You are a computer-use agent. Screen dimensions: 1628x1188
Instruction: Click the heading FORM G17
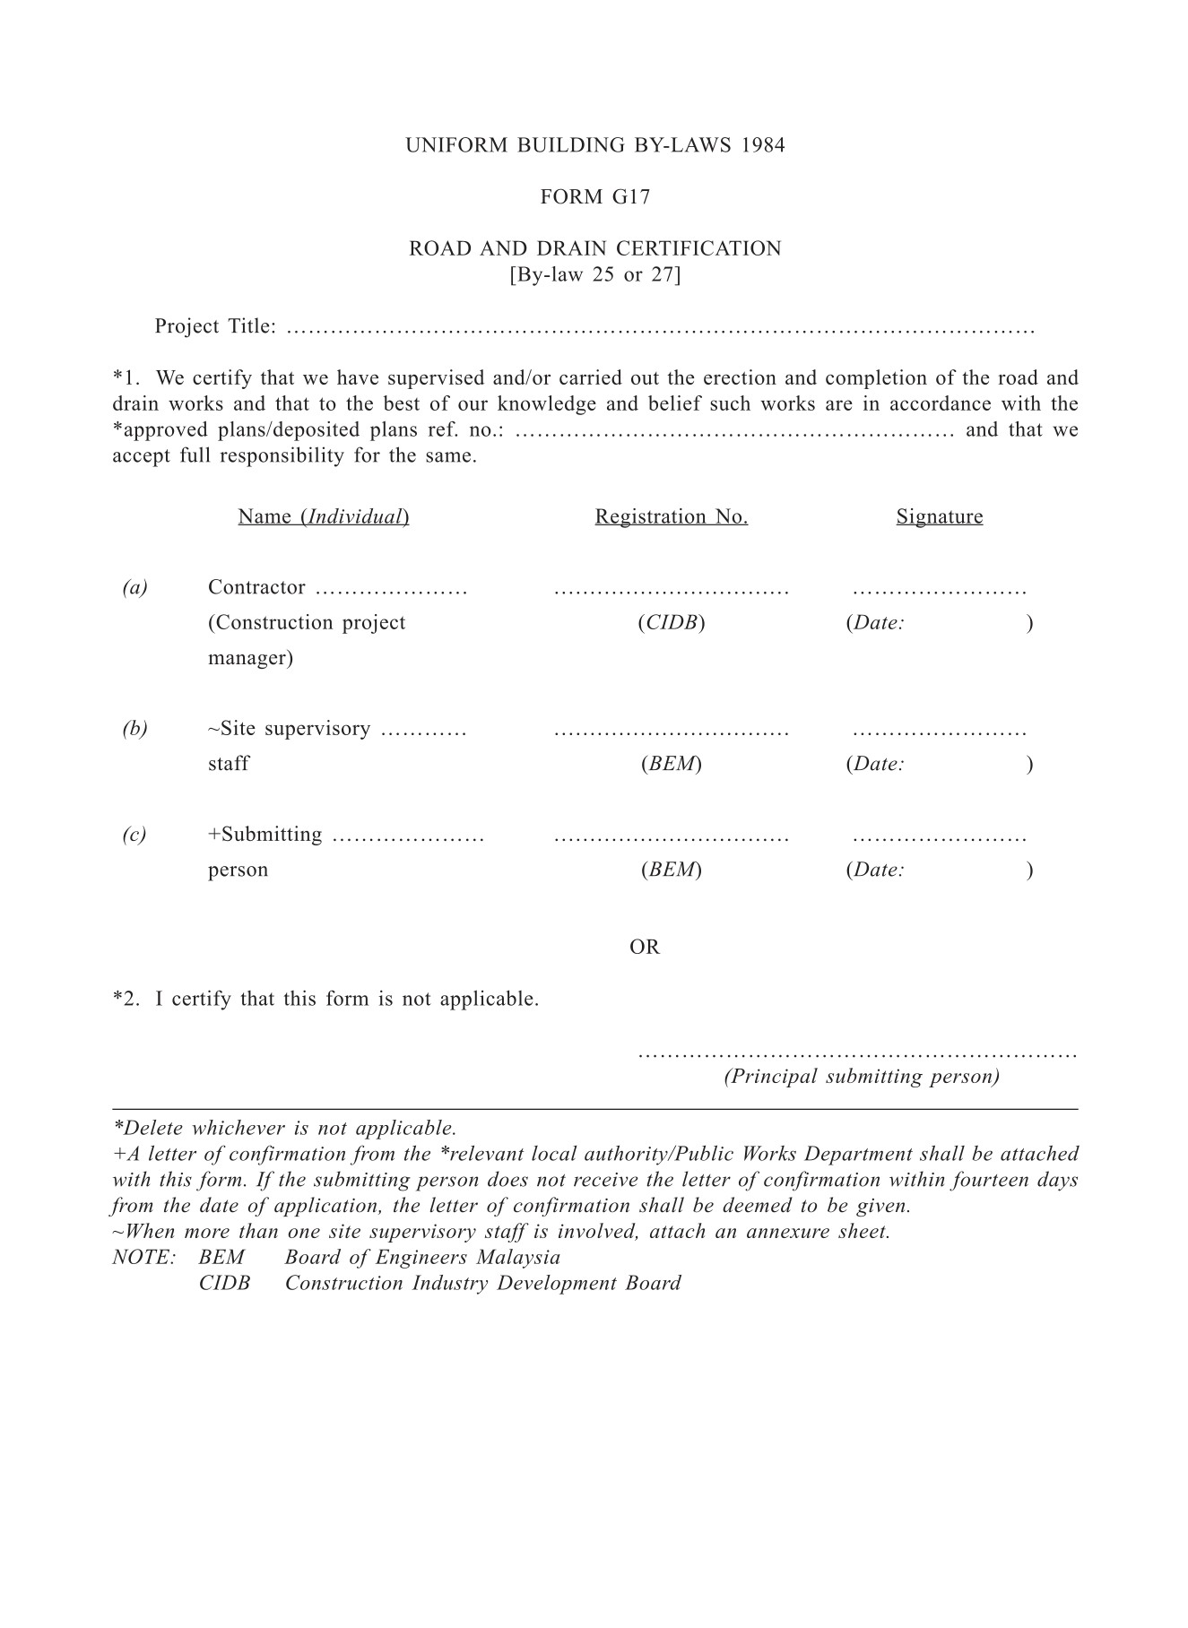pos(595,197)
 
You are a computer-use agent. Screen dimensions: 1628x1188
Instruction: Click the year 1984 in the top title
pos(763,145)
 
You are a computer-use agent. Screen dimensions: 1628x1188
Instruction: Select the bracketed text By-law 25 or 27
pos(595,274)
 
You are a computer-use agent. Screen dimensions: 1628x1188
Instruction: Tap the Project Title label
pos(215,326)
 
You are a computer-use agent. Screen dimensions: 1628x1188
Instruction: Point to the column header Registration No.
pos(671,516)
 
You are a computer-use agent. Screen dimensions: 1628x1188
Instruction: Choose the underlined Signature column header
pos(939,516)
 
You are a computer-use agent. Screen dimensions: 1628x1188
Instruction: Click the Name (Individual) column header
pos(324,516)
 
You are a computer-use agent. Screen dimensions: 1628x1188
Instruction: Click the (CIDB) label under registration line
pos(671,623)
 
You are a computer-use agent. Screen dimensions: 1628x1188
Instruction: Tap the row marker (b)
pos(134,728)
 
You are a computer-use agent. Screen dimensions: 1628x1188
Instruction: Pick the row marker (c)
pos(134,835)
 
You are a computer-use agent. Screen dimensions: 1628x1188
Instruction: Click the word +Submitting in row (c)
pos(265,835)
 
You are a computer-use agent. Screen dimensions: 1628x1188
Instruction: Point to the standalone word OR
pos(645,948)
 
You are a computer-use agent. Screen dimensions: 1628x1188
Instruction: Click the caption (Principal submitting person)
pos(862,1077)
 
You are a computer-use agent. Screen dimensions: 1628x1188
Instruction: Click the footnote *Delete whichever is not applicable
pos(285,1128)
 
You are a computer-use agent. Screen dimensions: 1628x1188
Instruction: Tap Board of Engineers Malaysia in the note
pos(422,1258)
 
